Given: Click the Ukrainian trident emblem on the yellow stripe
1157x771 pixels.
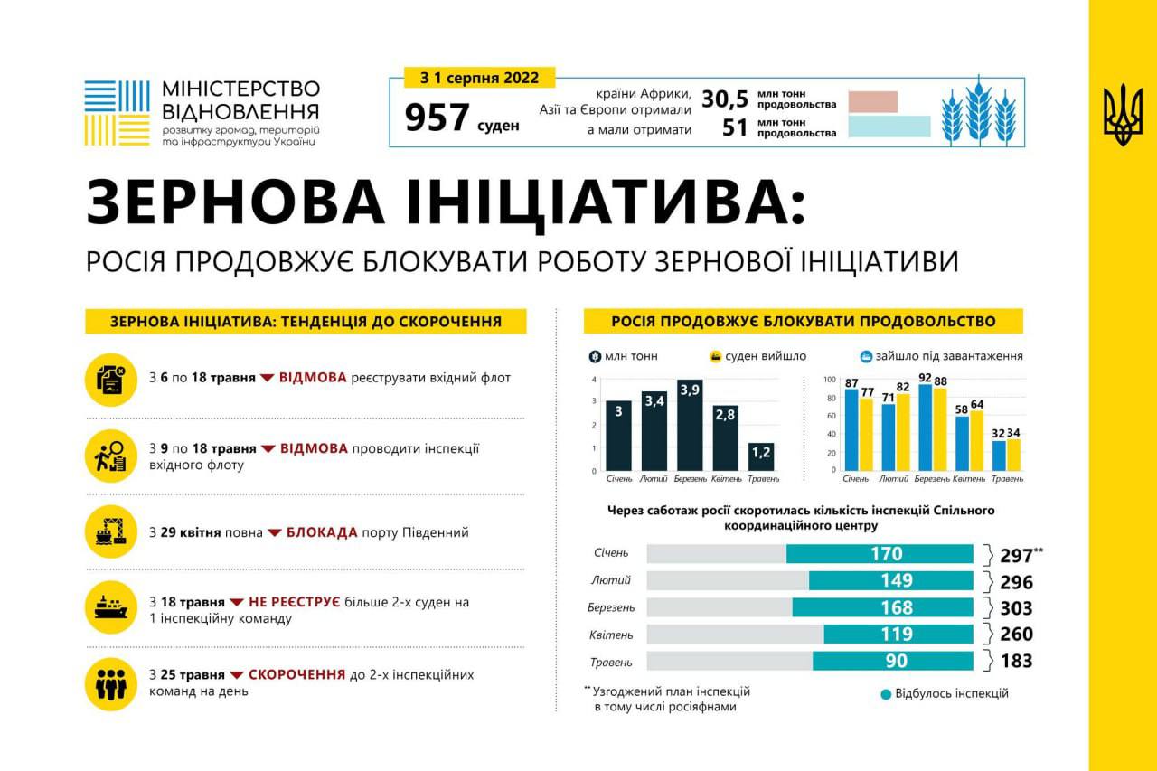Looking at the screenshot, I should coord(1123,115).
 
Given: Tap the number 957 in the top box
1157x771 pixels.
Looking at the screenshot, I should coord(437,118).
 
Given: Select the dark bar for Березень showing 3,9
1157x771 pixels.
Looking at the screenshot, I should coord(690,425).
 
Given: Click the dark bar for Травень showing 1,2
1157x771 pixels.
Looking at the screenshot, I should coord(761,456).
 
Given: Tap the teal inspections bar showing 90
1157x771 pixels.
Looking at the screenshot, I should coord(892,661).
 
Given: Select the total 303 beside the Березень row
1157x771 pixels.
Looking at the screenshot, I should coord(1016,607).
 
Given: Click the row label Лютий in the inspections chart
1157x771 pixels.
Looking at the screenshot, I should coord(612,579).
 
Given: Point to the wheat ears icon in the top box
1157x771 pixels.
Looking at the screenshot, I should coord(978,115).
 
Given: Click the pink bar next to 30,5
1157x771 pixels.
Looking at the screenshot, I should coord(872,101).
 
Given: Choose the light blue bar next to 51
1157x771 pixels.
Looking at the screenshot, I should coord(889,127).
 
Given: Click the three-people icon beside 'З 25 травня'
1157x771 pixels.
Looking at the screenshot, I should coord(111,683).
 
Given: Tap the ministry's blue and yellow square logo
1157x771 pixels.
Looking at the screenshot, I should coord(117,113).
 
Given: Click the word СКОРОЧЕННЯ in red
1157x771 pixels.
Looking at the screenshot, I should coord(296,675).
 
